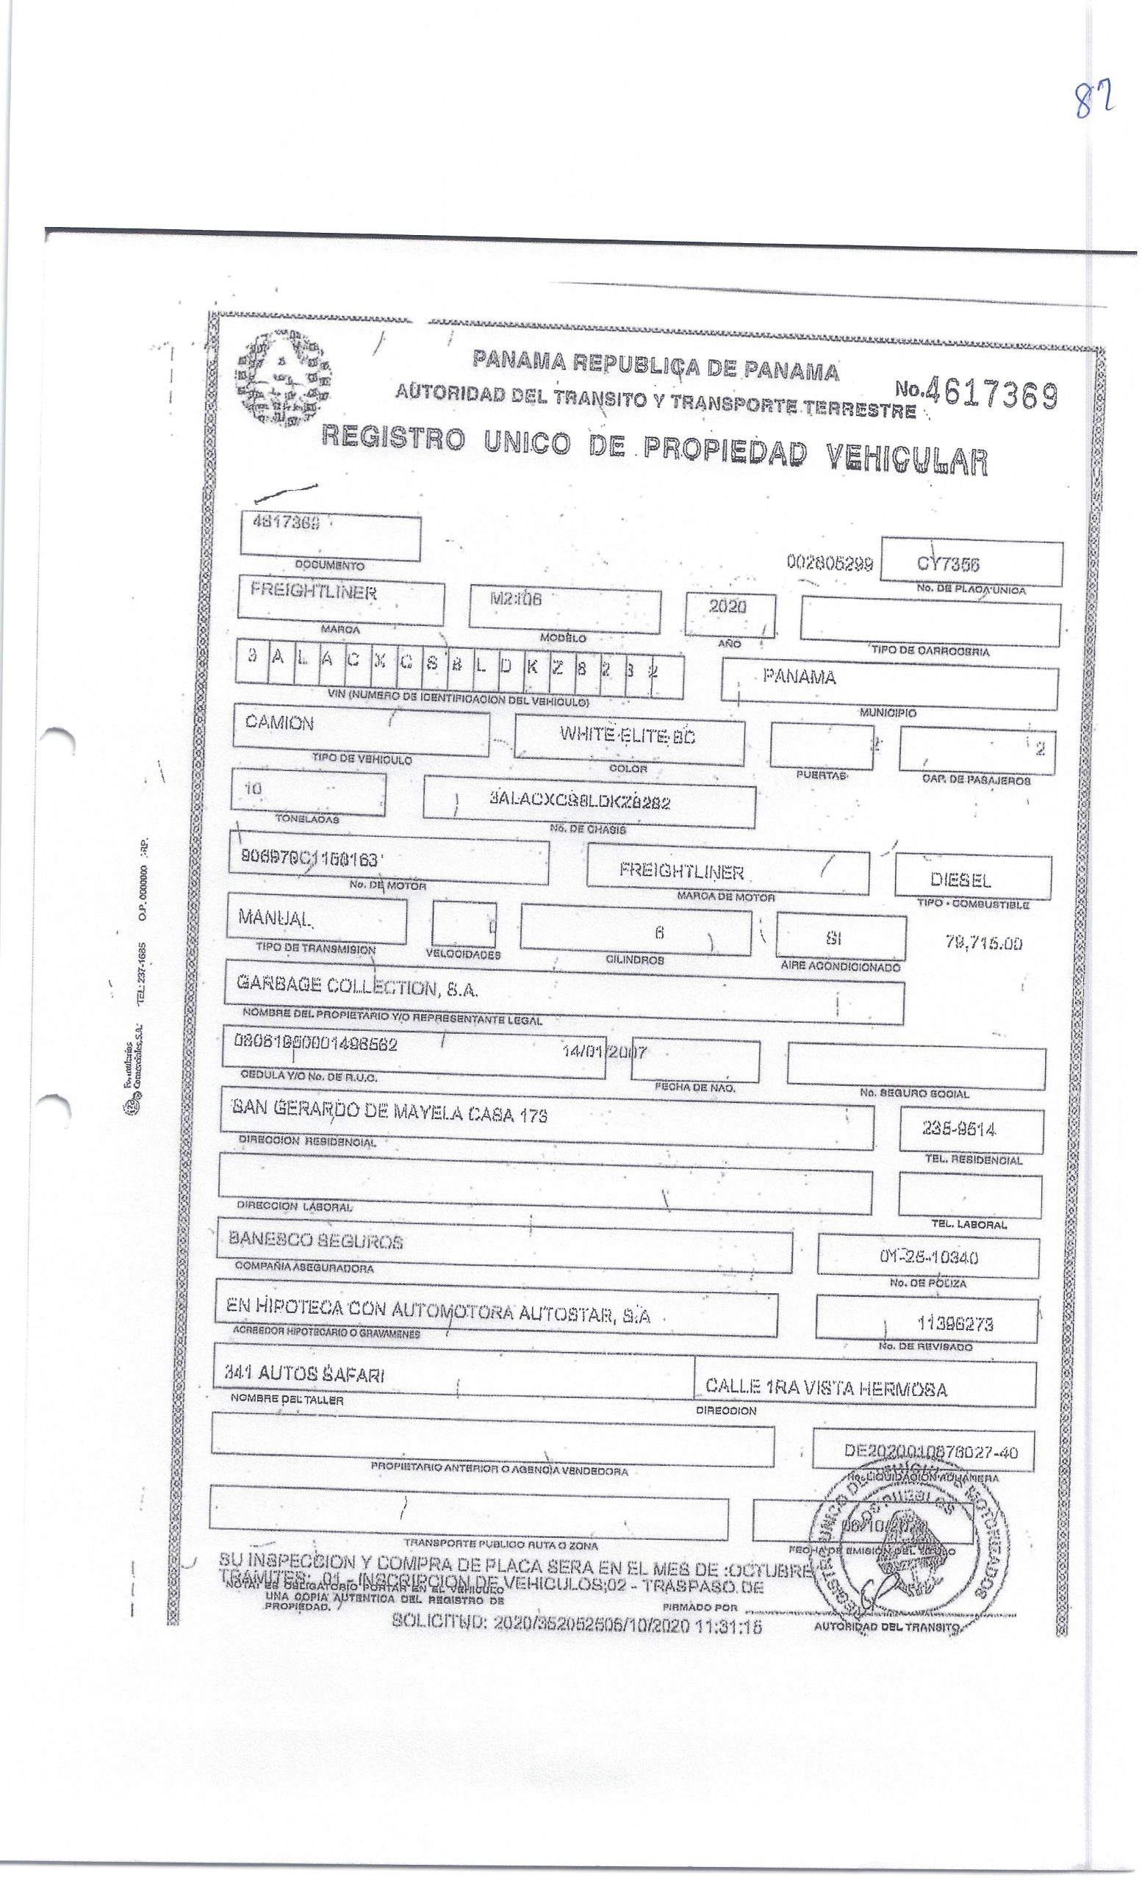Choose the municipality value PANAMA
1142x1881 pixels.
799,677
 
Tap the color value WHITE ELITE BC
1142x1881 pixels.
628,736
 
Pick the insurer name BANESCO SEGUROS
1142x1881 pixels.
315,1241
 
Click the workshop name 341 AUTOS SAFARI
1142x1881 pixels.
304,1374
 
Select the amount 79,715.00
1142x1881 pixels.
983,943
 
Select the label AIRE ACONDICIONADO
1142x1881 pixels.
840,966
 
